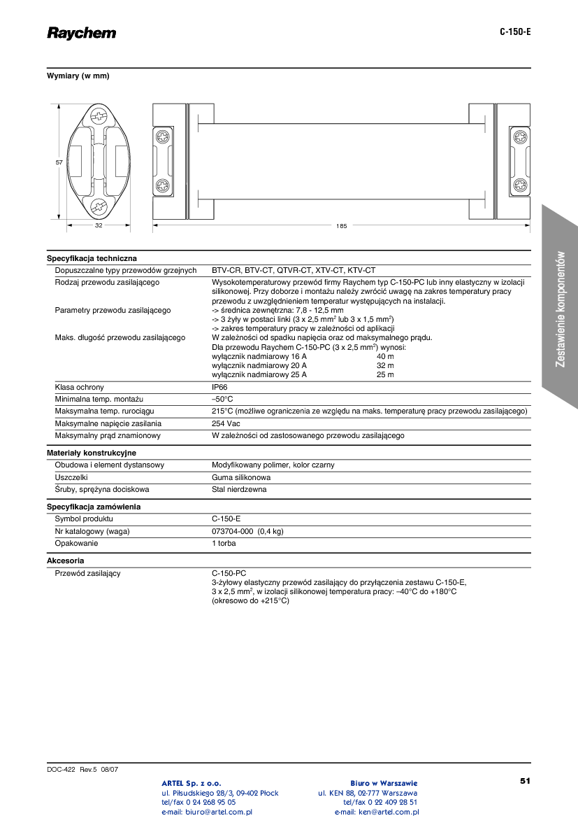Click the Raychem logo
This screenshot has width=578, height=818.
(82, 33)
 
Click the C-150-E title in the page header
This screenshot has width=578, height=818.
(515, 32)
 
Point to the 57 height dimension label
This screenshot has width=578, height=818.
(59, 162)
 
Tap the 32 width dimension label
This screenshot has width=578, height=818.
(99, 226)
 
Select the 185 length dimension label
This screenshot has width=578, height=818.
(341, 226)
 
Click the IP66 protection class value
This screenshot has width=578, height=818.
(219, 387)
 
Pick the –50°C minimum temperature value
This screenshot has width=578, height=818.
(222, 399)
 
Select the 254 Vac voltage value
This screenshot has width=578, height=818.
(226, 423)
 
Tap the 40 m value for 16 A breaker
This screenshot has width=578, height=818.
(385, 356)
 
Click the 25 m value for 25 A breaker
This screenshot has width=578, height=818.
(385, 374)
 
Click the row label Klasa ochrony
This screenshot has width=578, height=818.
(80, 387)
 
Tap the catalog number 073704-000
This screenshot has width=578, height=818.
(233, 531)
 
